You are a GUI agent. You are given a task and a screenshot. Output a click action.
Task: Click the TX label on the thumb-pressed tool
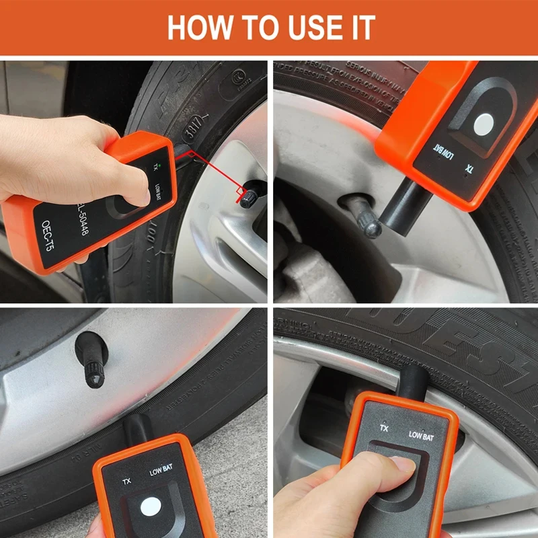[x=385, y=428]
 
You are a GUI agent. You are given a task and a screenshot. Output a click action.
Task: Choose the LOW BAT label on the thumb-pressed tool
[x=422, y=435]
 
